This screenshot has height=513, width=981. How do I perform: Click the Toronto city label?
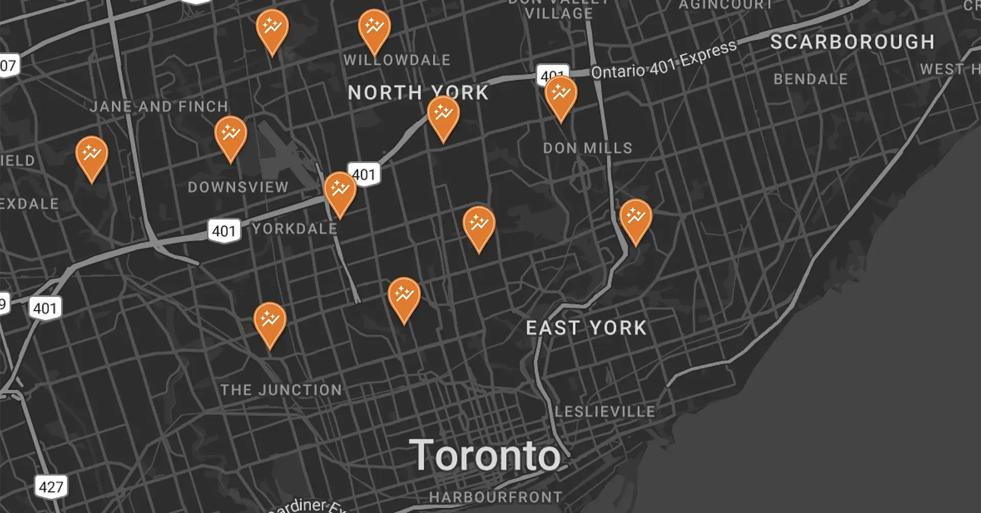click(485, 455)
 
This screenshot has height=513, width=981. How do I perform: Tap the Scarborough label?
click(852, 42)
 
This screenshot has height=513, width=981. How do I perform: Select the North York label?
click(418, 93)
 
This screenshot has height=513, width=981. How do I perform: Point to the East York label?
click(587, 328)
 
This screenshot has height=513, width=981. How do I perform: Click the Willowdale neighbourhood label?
click(397, 60)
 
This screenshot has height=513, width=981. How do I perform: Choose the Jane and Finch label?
click(159, 107)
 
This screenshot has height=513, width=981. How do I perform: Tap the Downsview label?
click(238, 187)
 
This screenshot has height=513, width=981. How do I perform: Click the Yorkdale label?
click(295, 229)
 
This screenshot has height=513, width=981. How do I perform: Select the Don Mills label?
click(588, 148)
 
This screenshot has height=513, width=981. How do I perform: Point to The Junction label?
click(281, 390)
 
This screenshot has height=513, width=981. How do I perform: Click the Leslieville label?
click(605, 411)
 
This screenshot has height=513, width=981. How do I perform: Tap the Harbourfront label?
click(495, 497)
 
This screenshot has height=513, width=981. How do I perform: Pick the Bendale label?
click(810, 79)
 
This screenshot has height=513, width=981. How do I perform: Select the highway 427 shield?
click(51, 487)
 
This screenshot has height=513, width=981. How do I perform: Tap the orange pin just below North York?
click(443, 115)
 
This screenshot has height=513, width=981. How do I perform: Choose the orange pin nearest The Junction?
click(270, 322)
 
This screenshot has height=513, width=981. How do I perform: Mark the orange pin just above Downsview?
click(230, 135)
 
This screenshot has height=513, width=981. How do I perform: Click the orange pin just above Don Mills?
click(560, 95)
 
